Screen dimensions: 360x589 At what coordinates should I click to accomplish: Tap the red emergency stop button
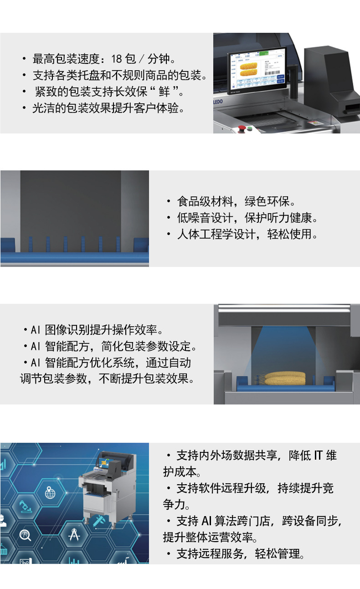point(242,128)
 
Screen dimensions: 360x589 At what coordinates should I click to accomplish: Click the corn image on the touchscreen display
point(248,69)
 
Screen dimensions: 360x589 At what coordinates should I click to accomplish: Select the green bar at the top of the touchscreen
point(264,54)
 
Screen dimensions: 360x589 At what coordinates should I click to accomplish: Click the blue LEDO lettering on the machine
point(218,102)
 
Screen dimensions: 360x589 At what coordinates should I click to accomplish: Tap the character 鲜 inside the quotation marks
point(164,92)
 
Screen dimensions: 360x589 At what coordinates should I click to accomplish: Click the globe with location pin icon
point(50,492)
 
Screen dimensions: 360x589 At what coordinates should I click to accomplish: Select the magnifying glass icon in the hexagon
point(25,535)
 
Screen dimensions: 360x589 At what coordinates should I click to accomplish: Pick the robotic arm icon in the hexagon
point(26,506)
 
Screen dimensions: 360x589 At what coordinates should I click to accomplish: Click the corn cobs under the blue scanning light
point(285,378)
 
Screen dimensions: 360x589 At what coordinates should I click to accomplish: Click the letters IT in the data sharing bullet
point(318,456)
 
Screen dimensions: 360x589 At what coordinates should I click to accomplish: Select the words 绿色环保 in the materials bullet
point(267,201)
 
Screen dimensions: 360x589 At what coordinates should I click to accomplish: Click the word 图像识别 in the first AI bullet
point(67,330)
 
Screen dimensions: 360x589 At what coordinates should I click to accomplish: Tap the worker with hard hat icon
point(3,521)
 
